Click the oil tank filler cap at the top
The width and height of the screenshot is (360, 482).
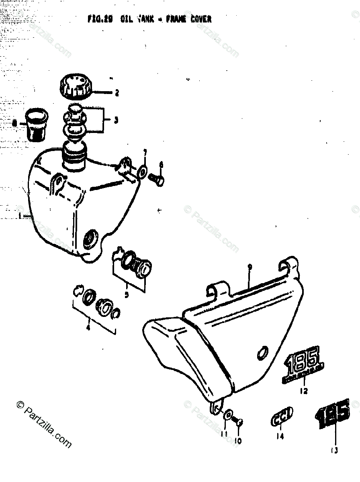[76, 87]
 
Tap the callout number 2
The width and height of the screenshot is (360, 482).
[117, 94]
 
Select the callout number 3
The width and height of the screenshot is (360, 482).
[116, 120]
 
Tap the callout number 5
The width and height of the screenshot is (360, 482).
[127, 295]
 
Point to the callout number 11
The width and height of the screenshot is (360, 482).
[224, 435]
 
